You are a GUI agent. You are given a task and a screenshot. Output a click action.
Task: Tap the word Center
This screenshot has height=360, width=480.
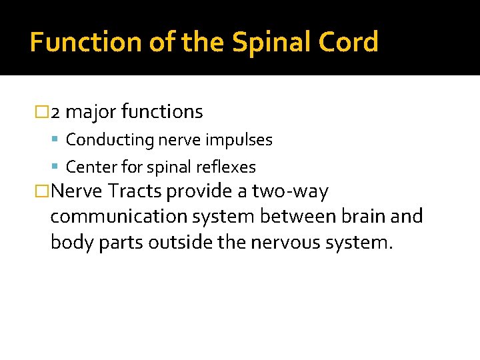(x=90, y=167)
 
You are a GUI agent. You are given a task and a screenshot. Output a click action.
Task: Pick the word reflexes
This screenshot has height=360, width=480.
(x=229, y=167)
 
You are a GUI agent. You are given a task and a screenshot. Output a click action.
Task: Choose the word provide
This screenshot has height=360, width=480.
(x=199, y=192)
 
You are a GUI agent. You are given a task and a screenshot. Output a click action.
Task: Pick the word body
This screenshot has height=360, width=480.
(x=71, y=241)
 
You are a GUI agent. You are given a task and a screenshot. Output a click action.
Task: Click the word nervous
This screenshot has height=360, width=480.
(x=287, y=241)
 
